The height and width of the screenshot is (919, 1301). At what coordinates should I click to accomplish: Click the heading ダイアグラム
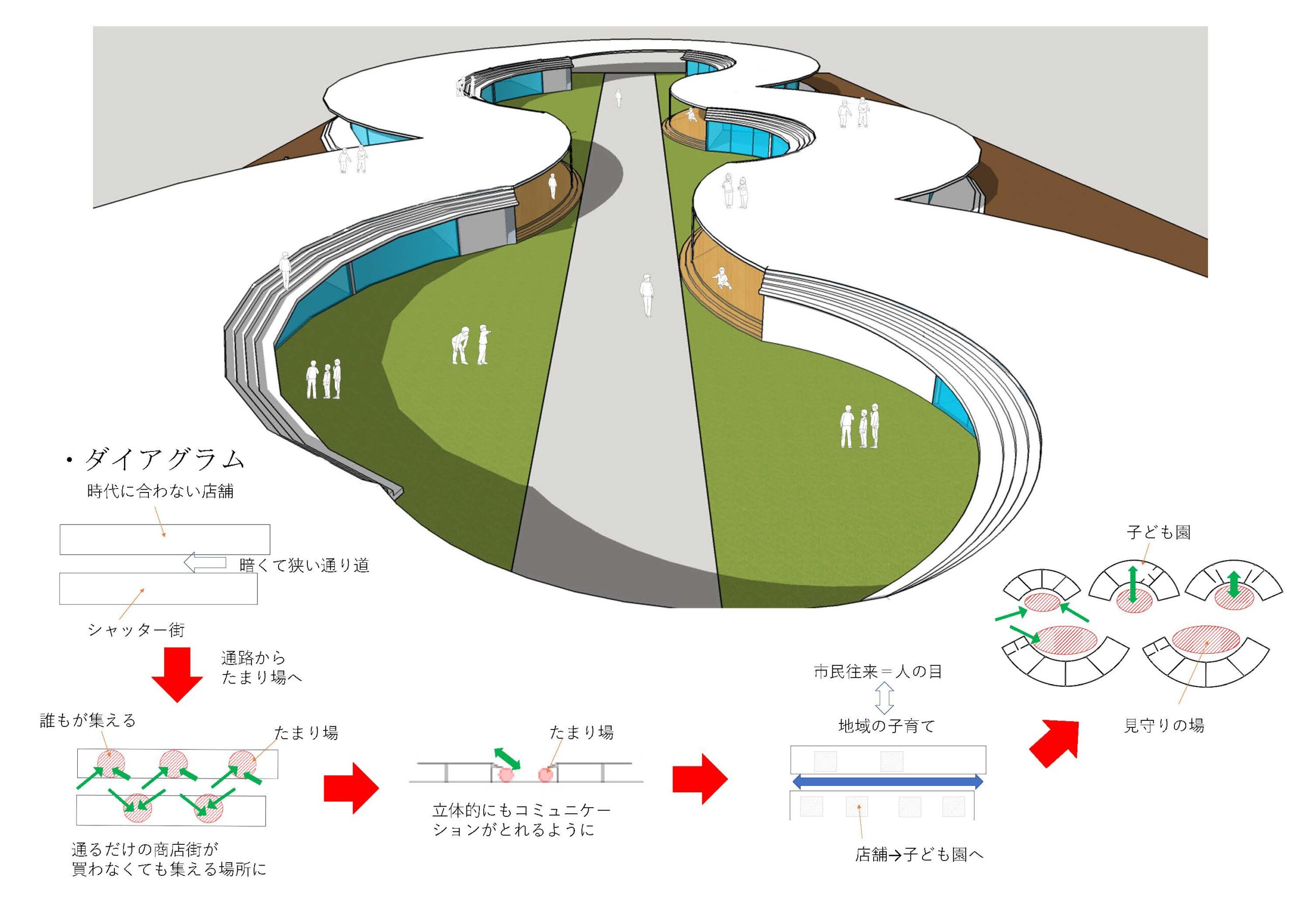(x=164, y=460)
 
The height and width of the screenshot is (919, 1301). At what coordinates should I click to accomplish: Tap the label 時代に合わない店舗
(x=161, y=491)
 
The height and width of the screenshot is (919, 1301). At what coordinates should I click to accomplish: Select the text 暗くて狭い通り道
(x=304, y=565)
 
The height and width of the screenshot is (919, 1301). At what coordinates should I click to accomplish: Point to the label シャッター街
(x=137, y=629)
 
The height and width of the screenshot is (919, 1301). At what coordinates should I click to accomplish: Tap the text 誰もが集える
(x=88, y=720)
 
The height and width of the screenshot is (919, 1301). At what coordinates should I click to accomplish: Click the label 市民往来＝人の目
(x=878, y=671)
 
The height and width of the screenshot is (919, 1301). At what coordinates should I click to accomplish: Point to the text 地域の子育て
(x=886, y=726)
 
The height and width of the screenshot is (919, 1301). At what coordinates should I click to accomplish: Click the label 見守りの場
(x=1163, y=725)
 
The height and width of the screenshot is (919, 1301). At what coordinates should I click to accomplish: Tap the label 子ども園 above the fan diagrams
(x=1159, y=533)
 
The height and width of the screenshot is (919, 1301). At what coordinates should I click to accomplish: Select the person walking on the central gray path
(x=646, y=295)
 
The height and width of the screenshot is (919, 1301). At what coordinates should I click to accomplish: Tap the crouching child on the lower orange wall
(x=721, y=278)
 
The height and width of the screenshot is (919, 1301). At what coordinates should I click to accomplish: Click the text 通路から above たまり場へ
(x=253, y=658)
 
